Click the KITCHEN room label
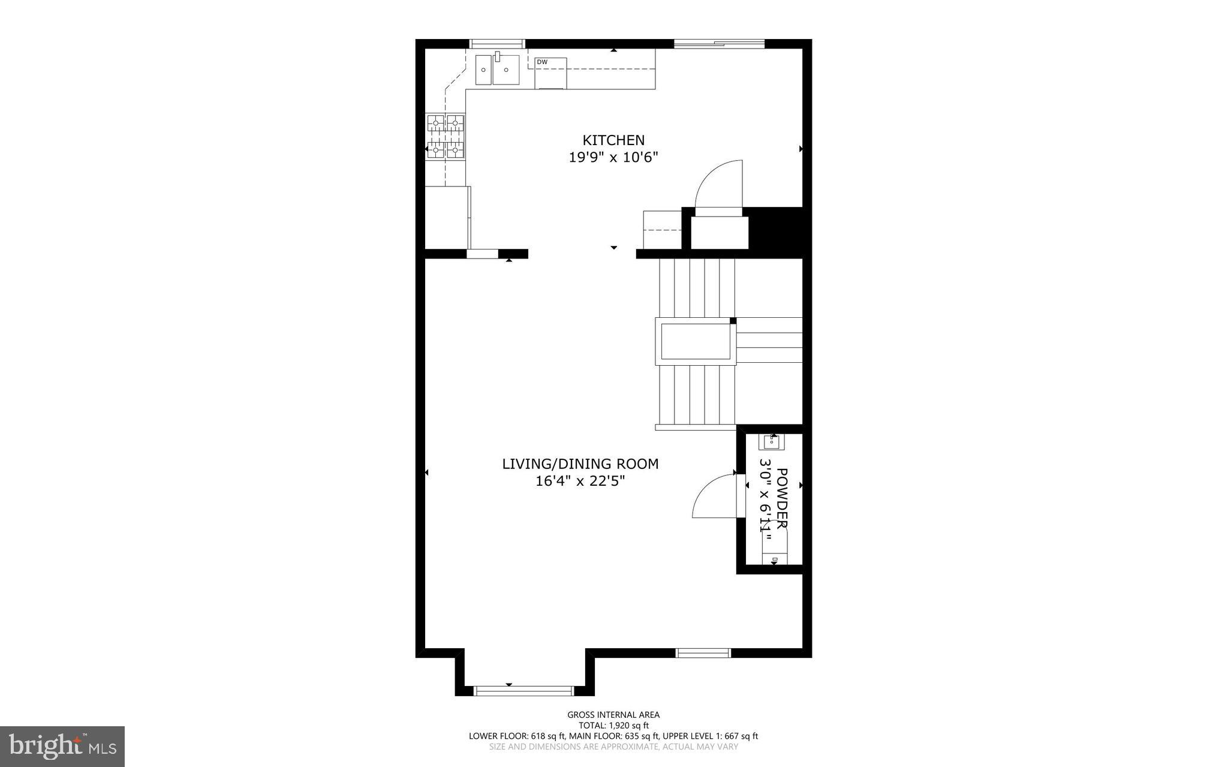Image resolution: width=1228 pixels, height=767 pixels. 613,140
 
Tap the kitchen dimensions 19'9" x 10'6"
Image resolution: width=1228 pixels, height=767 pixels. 613,158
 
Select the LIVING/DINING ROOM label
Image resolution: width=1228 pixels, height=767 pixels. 580,464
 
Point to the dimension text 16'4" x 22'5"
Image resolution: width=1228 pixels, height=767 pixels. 580,481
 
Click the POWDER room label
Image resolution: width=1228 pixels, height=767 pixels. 782,498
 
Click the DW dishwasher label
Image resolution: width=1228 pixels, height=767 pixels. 542,62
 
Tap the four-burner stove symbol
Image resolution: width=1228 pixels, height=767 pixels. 446,137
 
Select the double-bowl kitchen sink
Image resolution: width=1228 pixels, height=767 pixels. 498,70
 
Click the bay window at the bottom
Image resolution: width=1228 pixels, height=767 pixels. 523,691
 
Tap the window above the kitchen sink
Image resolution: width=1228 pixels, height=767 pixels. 497,44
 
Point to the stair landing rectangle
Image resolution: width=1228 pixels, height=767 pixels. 696,342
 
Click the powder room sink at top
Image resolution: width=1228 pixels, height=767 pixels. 772,442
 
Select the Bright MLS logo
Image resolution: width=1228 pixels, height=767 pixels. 62,746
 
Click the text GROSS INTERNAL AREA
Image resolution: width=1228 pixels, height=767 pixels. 613,715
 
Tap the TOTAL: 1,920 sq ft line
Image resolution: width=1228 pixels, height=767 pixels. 613,725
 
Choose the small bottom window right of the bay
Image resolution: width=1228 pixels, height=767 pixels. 703,653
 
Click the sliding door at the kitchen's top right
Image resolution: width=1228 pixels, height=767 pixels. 719,44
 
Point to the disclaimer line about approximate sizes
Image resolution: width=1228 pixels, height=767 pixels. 613,747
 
